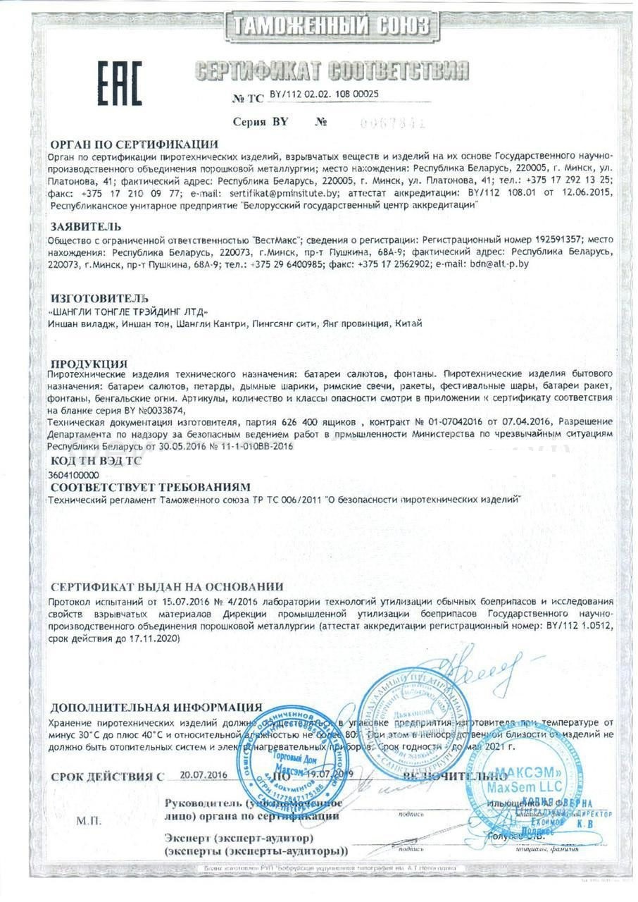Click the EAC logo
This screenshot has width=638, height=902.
point(120,83)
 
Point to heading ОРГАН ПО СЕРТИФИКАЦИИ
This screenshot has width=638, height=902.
point(135,144)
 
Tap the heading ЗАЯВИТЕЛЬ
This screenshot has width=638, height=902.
point(86,226)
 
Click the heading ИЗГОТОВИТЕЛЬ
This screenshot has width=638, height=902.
point(99,299)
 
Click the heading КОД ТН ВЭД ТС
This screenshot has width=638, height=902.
point(96,461)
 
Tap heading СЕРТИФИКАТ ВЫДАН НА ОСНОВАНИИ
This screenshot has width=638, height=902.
point(167,586)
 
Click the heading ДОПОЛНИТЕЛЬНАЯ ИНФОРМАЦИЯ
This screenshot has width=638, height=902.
point(156,707)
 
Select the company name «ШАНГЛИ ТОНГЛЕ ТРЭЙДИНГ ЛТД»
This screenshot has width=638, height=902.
point(130,311)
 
